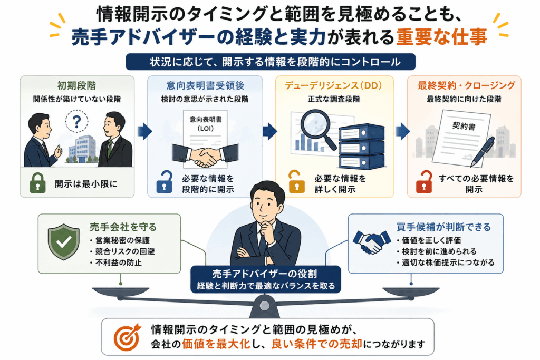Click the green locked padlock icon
(38, 183)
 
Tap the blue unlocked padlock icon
(165, 182)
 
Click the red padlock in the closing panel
(424, 182)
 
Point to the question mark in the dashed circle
(77, 121)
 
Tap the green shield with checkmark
(64, 241)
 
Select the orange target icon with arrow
(127, 337)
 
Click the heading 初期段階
(76, 85)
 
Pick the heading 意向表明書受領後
(205, 85)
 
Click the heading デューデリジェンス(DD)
(333, 85)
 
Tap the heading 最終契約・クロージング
(466, 85)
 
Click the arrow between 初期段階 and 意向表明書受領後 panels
(144, 131)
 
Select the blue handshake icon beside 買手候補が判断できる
(371, 241)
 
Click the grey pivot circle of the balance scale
(265, 305)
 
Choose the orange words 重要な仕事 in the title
(441, 37)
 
